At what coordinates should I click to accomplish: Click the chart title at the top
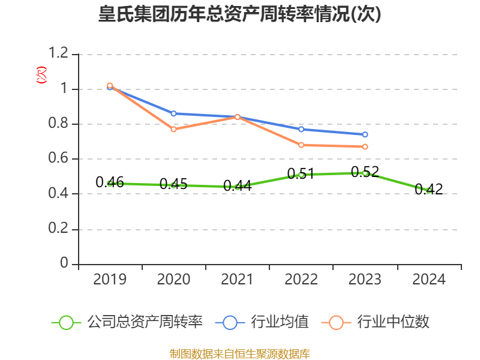[x=240, y=15]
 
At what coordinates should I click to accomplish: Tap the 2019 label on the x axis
[x=110, y=280]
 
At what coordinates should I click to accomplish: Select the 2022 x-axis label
[x=301, y=280]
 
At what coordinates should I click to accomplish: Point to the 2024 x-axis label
[x=429, y=280]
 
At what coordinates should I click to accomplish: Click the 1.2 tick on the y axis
[x=59, y=54]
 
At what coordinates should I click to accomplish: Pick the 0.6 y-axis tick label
[x=59, y=159]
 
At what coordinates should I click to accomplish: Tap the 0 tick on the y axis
[x=65, y=264]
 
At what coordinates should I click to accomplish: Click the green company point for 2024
[x=428, y=191]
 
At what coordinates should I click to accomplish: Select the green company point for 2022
[x=301, y=175]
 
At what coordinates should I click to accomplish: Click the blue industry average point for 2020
[x=173, y=113]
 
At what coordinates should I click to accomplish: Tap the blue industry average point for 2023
[x=365, y=134]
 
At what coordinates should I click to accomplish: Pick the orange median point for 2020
[x=173, y=129]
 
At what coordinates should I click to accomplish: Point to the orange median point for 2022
[x=301, y=145]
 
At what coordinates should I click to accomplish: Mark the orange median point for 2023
[x=365, y=146]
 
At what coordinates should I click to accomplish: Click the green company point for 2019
[x=110, y=183]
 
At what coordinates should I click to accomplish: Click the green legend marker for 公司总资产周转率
[x=66, y=322]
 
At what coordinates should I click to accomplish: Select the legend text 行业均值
[x=280, y=322]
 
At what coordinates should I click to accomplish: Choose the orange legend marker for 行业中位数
[x=336, y=322]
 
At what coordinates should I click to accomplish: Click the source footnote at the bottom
[x=240, y=353]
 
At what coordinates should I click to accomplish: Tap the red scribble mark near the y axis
[x=41, y=75]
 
